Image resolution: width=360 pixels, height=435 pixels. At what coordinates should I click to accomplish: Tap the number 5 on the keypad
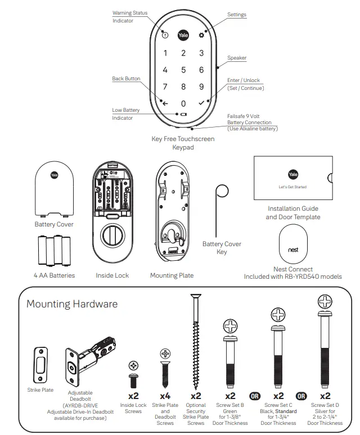pos(183,70)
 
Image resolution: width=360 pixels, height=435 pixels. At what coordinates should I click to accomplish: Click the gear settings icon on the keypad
pos(202,35)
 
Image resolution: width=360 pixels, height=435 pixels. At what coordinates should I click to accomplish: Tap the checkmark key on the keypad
pos(201,103)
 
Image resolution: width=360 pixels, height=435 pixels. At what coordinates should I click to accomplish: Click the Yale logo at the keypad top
pos(183,35)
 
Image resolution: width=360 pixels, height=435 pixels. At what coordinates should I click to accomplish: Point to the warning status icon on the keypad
pos(165,35)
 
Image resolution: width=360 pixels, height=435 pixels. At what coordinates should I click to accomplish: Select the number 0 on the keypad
pos(183,104)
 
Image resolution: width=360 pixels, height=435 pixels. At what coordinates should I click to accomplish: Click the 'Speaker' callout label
pos(237,58)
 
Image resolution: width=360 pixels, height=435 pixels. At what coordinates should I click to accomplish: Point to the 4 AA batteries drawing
pos(54,251)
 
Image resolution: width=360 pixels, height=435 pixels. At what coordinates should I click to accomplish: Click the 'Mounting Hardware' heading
pos(72,304)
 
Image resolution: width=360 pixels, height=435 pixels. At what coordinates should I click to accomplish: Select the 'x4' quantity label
pos(165,396)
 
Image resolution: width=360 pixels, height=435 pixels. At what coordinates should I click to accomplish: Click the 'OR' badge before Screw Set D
pos(302,396)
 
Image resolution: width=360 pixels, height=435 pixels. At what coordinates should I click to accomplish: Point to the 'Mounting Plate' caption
pos(172,275)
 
